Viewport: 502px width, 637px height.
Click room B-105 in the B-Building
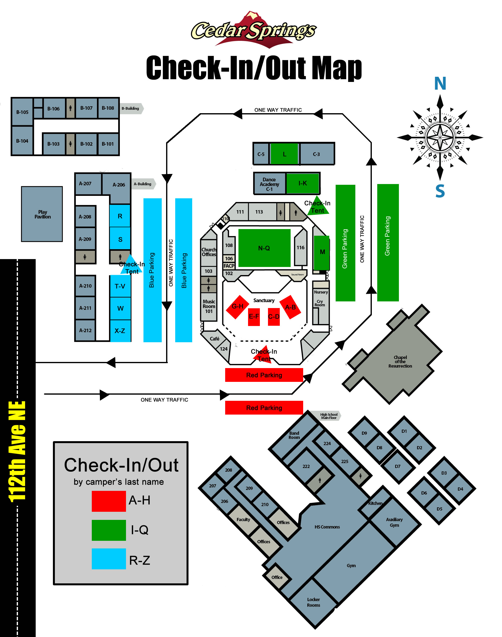22,112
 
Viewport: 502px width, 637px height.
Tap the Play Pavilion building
42,214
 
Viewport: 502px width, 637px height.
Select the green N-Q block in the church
264,248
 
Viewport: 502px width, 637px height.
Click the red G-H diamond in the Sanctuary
237,307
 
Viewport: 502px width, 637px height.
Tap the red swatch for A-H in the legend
109,501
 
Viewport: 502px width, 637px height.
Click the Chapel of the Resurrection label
400,362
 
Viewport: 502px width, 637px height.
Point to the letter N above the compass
440,83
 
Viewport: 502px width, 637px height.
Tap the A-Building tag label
143,184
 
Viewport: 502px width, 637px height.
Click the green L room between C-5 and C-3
284,154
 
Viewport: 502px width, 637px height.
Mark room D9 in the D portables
364,433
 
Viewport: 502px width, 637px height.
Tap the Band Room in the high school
294,435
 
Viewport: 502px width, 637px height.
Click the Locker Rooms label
314,602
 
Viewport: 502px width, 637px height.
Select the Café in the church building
215,339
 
